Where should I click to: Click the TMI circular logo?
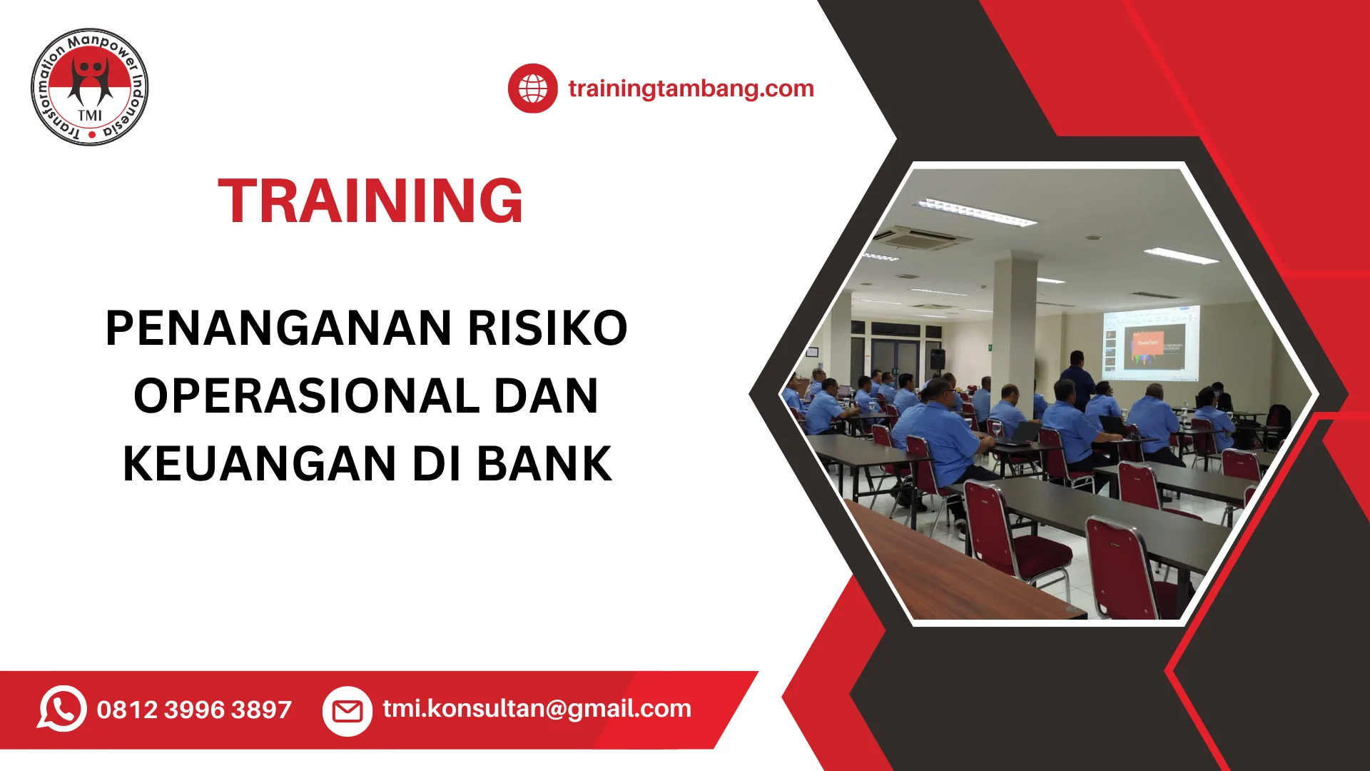pos(90,87)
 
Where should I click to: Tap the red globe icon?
pos(532,89)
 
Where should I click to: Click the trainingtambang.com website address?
pos(691,89)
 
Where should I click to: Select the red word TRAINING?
pos(370,201)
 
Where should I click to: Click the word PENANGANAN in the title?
pos(279,328)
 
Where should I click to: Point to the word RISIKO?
pos(547,328)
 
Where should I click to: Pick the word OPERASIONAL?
pos(307,396)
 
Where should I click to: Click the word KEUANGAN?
pos(260,464)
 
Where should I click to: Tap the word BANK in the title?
pos(544,464)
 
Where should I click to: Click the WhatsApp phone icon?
pos(62,709)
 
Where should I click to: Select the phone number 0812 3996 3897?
pos(194,710)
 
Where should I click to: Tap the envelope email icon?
pos(347,711)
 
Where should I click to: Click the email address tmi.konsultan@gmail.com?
pos(537,708)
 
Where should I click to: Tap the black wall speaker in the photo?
pos(937,359)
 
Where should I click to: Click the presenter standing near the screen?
pos(1077,379)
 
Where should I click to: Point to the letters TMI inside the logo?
pos(90,116)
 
